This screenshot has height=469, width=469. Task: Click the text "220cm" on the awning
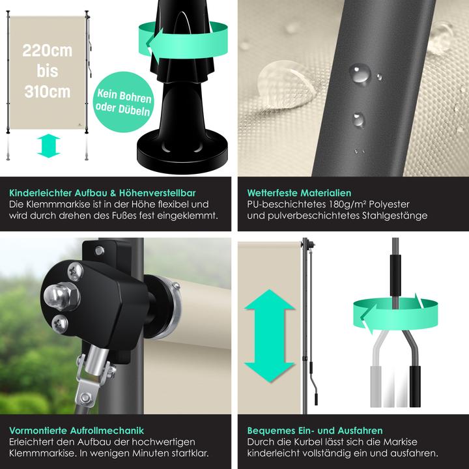(48, 51)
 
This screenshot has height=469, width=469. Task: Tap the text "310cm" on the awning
(48, 92)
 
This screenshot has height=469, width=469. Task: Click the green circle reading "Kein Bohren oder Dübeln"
(124, 102)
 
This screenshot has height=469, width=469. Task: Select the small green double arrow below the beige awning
(49, 146)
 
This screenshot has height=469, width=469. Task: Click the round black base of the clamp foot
(182, 153)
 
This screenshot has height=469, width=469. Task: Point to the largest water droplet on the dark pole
(360, 73)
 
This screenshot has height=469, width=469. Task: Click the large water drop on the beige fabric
(283, 84)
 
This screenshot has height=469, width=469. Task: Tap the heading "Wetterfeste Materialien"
(299, 193)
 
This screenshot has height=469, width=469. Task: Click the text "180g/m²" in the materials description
(347, 205)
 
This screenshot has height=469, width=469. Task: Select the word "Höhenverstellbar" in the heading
(158, 193)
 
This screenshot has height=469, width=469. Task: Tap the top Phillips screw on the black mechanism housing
(75, 271)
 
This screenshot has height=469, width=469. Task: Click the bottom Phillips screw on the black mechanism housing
(60, 324)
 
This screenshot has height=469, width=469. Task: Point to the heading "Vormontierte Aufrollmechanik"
(77, 431)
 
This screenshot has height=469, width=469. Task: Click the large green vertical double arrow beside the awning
(270, 335)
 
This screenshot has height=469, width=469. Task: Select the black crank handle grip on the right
(415, 386)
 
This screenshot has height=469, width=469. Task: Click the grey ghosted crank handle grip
(376, 386)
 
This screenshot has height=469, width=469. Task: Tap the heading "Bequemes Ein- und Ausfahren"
(315, 431)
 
